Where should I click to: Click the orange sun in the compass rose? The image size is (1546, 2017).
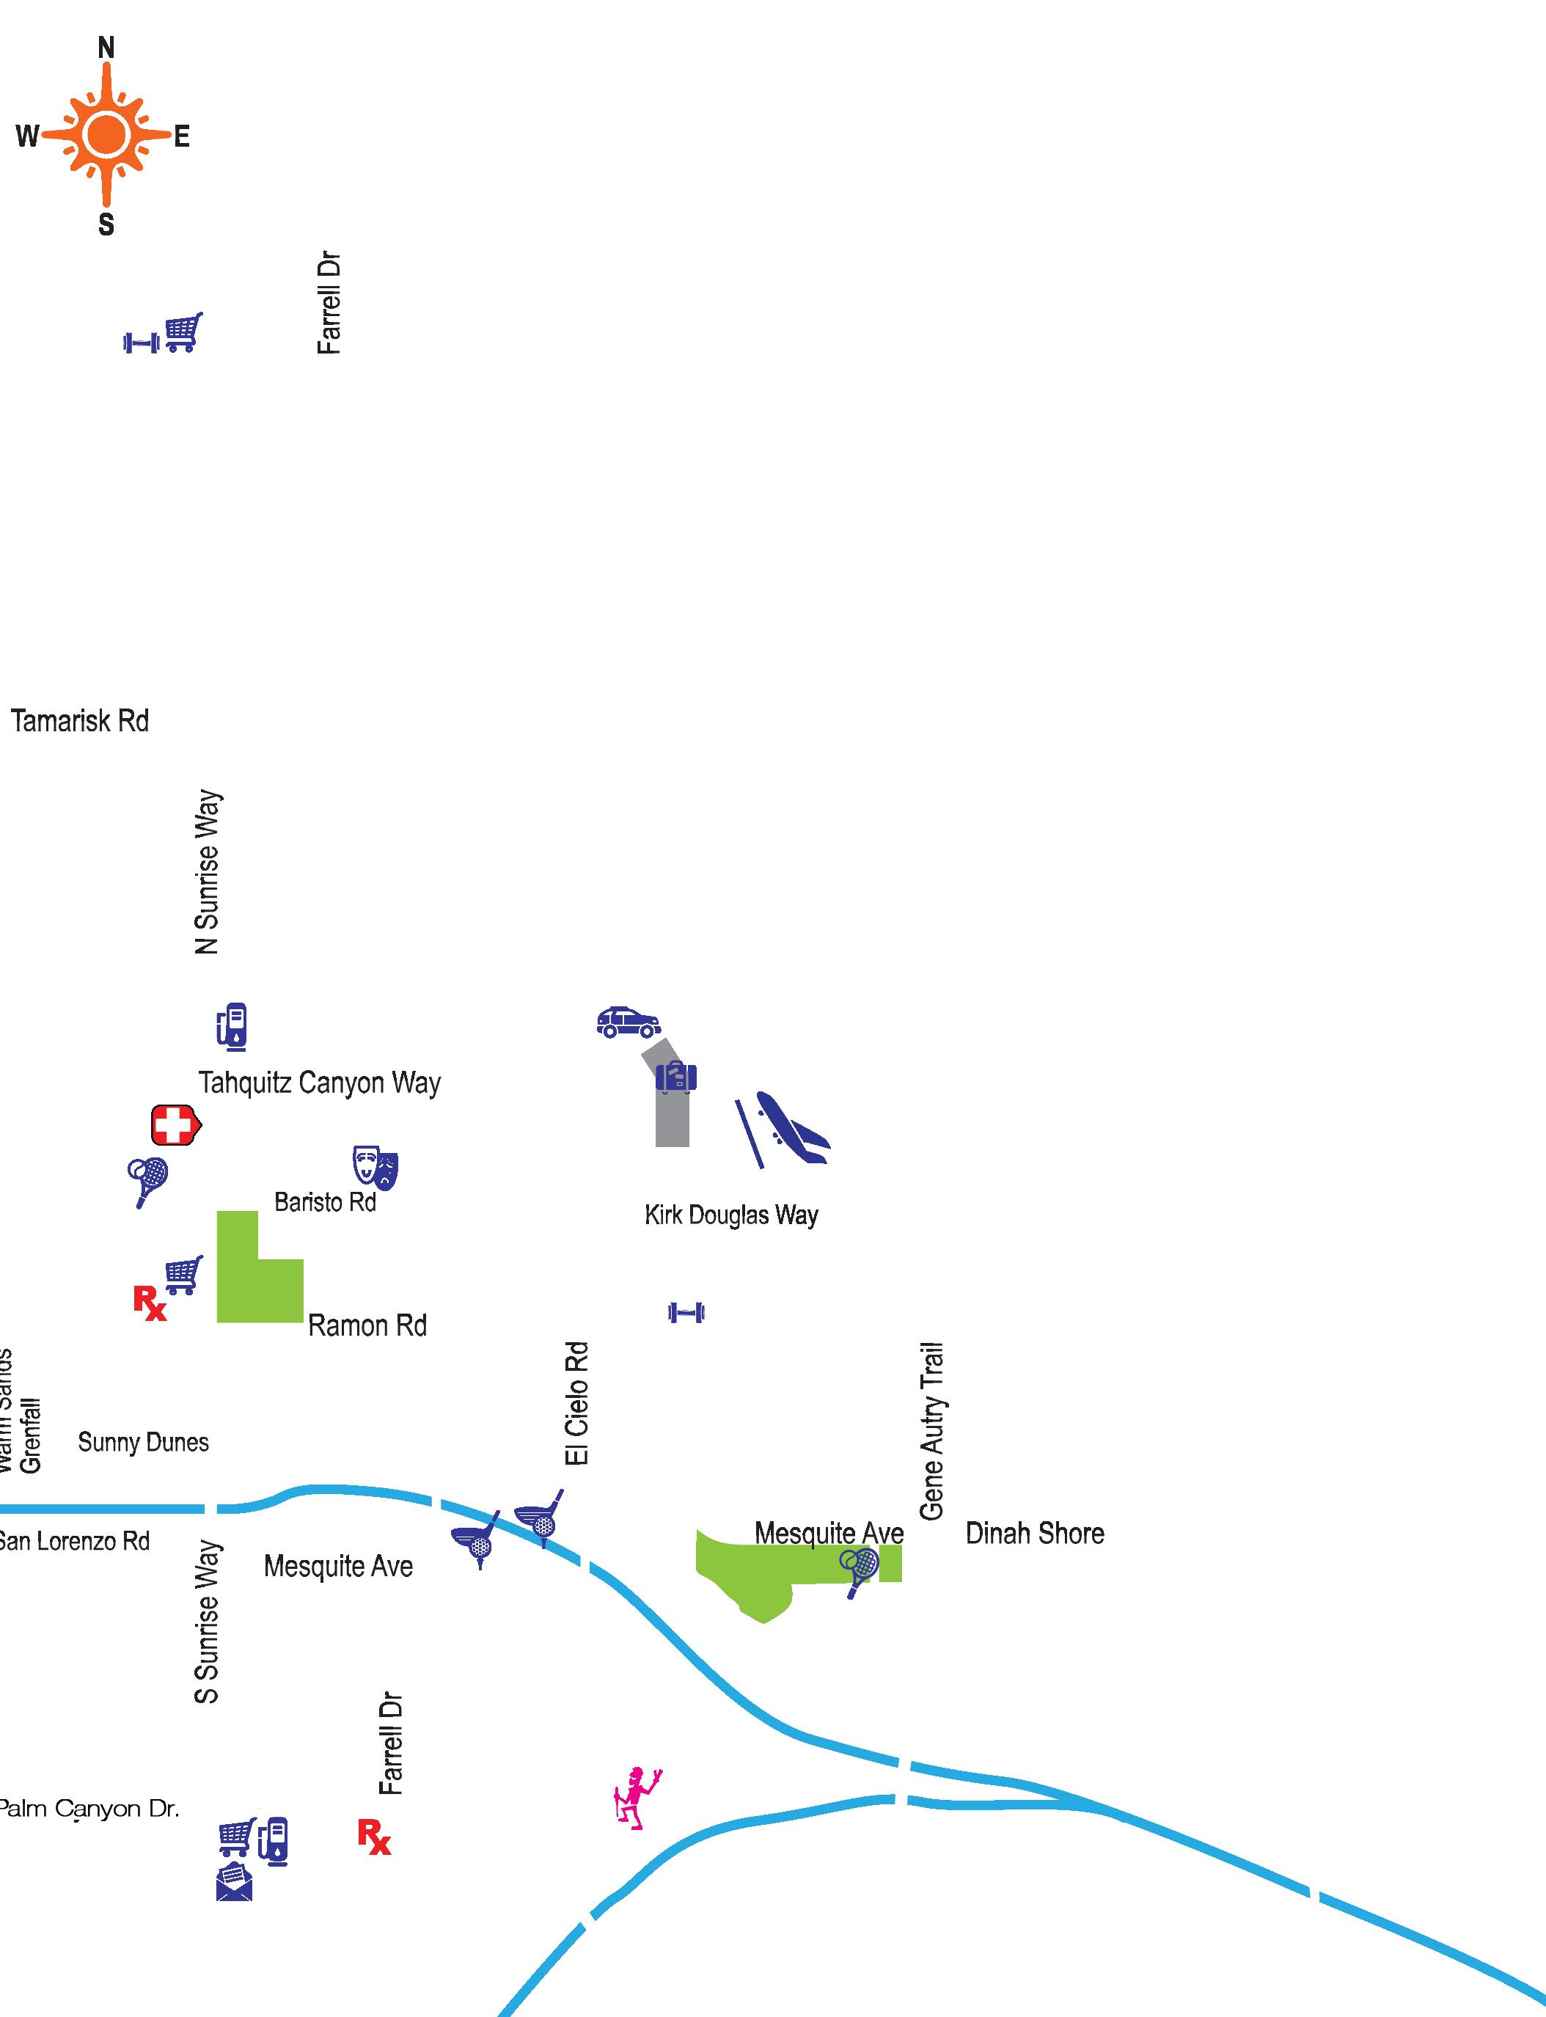pyautogui.click(x=107, y=135)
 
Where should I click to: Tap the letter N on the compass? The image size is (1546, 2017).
pyautogui.click(x=107, y=48)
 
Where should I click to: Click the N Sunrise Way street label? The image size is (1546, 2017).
pyautogui.click(x=208, y=872)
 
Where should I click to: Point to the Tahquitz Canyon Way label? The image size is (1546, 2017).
pyautogui.click(x=319, y=1083)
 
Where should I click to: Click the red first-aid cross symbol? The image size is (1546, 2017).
pyautogui.click(x=174, y=1124)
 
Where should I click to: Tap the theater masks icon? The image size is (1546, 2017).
pyautogui.click(x=375, y=1168)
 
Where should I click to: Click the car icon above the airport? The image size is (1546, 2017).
pyautogui.click(x=628, y=1022)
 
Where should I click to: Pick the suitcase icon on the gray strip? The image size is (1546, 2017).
pyautogui.click(x=675, y=1077)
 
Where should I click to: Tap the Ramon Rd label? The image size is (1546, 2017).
pyautogui.click(x=367, y=1326)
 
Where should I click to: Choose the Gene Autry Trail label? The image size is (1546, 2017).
pyautogui.click(x=931, y=1431)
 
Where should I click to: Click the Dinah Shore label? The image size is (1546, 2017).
pyautogui.click(x=1034, y=1533)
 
